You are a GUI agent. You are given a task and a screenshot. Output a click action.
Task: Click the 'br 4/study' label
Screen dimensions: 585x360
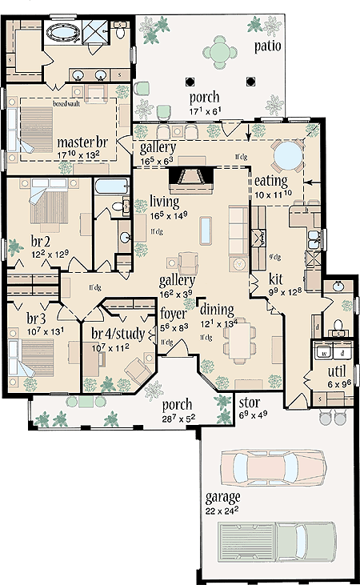click(118, 334)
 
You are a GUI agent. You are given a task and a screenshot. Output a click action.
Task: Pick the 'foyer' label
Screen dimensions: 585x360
click(174, 314)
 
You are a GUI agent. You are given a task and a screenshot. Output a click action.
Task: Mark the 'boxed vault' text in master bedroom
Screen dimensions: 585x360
click(66, 103)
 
